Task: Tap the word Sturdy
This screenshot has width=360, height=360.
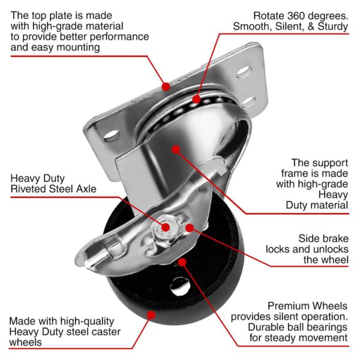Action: click(331, 26)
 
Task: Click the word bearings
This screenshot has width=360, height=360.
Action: click(328, 326)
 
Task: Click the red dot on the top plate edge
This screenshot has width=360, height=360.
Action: click(164, 86)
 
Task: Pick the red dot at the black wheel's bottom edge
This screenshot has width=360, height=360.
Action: click(151, 314)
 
